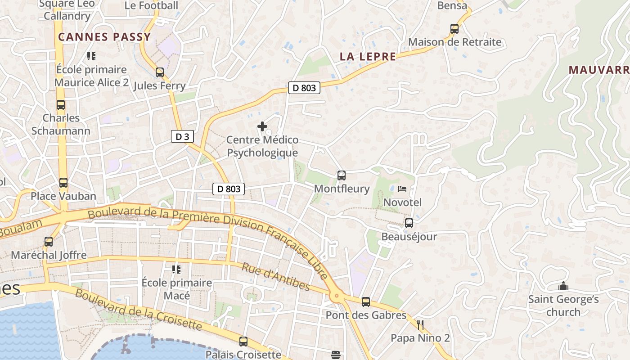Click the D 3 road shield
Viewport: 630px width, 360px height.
point(182,137)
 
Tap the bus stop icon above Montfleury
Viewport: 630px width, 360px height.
point(342,175)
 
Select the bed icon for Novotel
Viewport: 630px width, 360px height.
point(402,189)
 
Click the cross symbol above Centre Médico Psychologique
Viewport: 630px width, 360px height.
point(262,126)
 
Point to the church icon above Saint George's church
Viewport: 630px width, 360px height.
point(563,286)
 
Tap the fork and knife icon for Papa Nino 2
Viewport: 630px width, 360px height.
point(420,324)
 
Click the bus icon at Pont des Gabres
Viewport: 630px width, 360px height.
point(366,302)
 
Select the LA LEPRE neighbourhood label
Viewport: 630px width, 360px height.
point(368,57)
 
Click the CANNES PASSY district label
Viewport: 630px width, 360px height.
point(104,37)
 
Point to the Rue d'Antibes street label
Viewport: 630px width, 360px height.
point(276,276)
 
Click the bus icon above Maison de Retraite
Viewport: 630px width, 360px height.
point(454,29)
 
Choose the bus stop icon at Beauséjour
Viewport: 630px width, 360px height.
point(409,223)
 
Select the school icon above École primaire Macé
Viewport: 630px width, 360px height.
point(176,270)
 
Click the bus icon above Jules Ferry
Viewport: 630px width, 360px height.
point(159,72)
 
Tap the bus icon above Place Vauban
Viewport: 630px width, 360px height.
point(63,183)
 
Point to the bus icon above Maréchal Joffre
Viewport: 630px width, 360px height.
point(49,242)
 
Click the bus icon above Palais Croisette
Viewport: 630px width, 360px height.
point(243,341)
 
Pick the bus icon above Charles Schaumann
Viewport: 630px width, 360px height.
point(61,105)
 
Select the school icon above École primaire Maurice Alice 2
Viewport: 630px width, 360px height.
point(91,56)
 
